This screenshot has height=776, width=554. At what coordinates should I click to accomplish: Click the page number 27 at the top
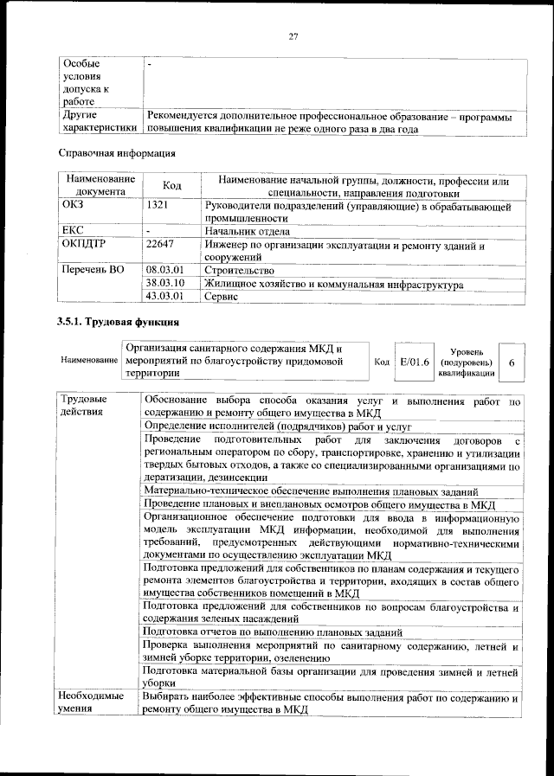click(293, 35)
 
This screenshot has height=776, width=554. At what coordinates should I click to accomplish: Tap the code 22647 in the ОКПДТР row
click(160, 245)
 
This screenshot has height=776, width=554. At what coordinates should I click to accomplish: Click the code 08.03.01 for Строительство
click(165, 270)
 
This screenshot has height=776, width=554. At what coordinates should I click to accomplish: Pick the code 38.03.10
click(165, 283)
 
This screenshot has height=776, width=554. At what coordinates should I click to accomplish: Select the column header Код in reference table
click(171, 186)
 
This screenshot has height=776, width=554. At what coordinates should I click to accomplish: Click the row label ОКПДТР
click(84, 245)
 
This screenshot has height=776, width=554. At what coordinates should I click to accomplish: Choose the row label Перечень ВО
click(92, 270)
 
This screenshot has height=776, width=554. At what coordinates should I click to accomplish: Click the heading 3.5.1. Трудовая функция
click(118, 324)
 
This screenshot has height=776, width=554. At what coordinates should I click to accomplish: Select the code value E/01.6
click(414, 361)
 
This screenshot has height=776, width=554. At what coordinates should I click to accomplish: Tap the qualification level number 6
click(512, 362)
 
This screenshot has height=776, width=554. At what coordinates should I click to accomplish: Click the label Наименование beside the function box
click(89, 359)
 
